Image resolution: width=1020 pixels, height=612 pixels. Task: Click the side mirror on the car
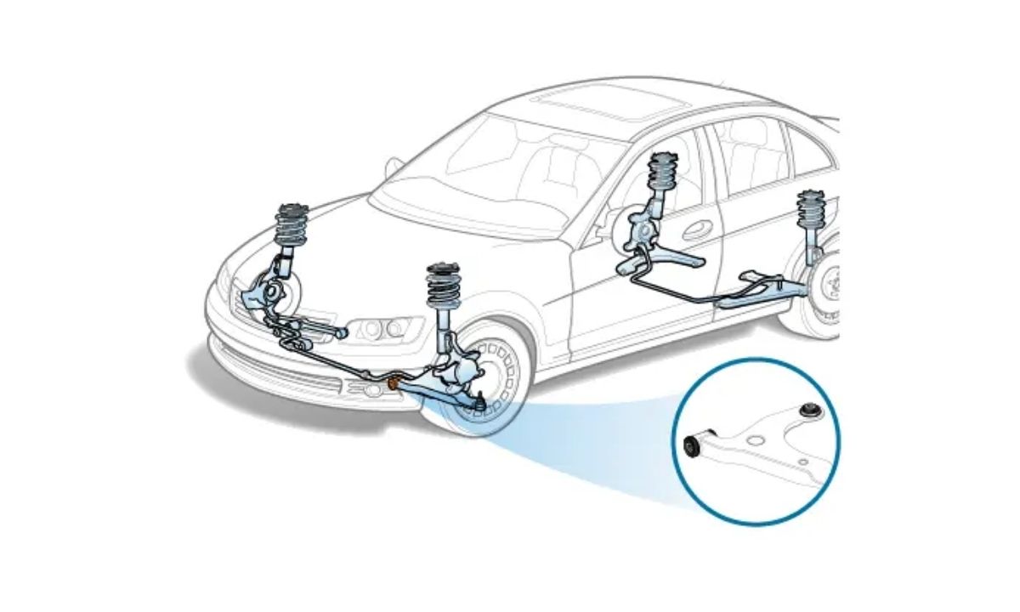click(394, 167)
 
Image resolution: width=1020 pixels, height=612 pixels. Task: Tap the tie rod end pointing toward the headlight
click(338, 331)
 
